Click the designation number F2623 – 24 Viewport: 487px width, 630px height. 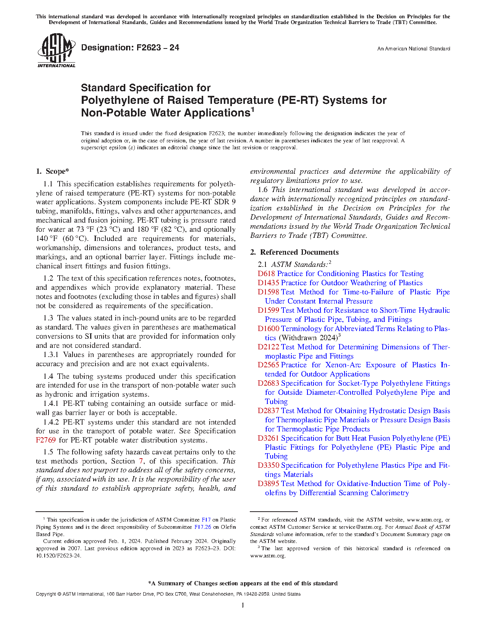pyautogui.click(x=130, y=48)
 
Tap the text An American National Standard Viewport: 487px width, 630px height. pyautogui.click(x=413, y=49)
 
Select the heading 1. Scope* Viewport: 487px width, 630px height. pyautogui.click(x=52, y=171)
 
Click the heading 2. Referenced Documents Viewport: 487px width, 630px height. pyautogui.click(x=294, y=252)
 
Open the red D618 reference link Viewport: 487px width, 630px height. pyautogui.click(x=266, y=274)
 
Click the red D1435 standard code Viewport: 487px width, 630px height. pyautogui.click(x=268, y=283)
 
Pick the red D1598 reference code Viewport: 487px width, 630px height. pyautogui.click(x=268, y=292)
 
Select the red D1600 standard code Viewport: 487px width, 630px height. pyautogui.click(x=268, y=329)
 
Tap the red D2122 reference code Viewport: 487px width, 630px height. pyautogui.click(x=268, y=347)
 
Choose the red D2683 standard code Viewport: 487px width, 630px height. pyautogui.click(x=268, y=383)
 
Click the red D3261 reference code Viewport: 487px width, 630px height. pyautogui.click(x=268, y=438)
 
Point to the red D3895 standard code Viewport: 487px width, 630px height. pyautogui.click(x=268, y=484)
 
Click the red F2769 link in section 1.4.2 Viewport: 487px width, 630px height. pyautogui.click(x=45, y=440)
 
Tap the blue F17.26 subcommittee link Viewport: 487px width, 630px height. pyautogui.click(x=202, y=527)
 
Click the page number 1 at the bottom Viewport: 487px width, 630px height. pyautogui.click(x=243, y=605)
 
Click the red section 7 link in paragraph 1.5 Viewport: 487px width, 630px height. pyautogui.click(x=141, y=461)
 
